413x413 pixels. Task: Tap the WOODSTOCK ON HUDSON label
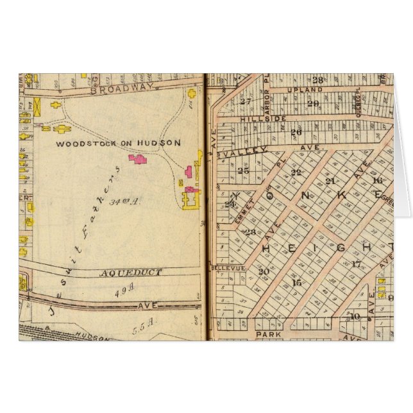click(x=118, y=144)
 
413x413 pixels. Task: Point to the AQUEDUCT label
click(x=131, y=273)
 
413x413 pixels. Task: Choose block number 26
click(x=296, y=133)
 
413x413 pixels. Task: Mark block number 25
click(x=242, y=171)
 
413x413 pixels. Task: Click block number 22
click(x=296, y=173)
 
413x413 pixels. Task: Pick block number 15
click(x=296, y=283)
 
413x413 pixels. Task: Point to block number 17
click(x=356, y=264)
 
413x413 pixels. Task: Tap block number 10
click(x=355, y=316)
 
